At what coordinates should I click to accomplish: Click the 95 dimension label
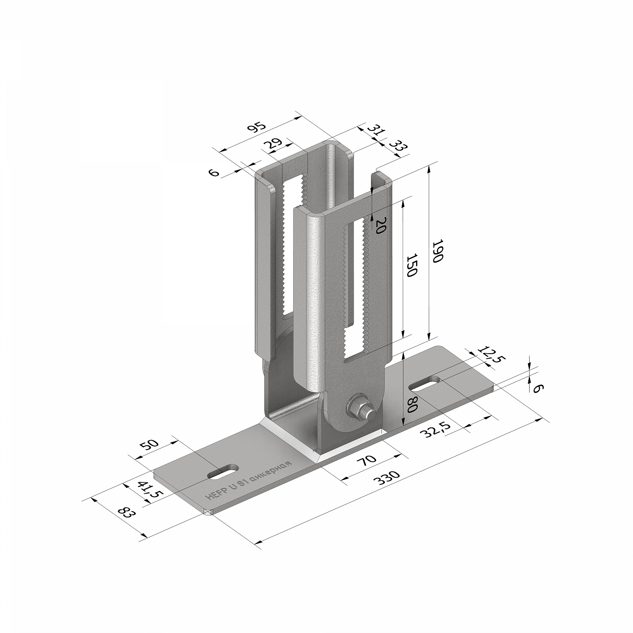coord(257,128)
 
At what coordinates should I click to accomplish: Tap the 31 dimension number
coord(376,130)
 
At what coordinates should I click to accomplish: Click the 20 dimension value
coord(380,226)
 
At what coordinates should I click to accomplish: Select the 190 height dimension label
coord(437,251)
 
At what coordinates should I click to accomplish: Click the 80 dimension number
coord(412,404)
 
